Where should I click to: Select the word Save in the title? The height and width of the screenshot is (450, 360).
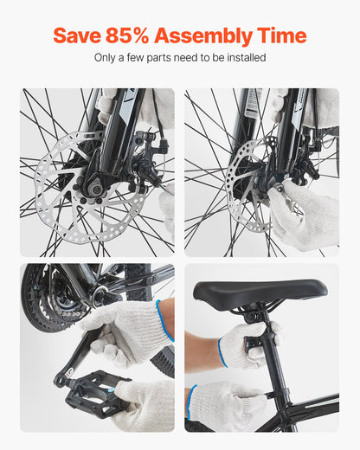76,35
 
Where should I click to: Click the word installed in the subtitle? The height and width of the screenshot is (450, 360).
245,58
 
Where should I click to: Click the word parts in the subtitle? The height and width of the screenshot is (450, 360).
161,58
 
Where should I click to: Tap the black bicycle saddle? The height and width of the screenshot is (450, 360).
260,292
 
